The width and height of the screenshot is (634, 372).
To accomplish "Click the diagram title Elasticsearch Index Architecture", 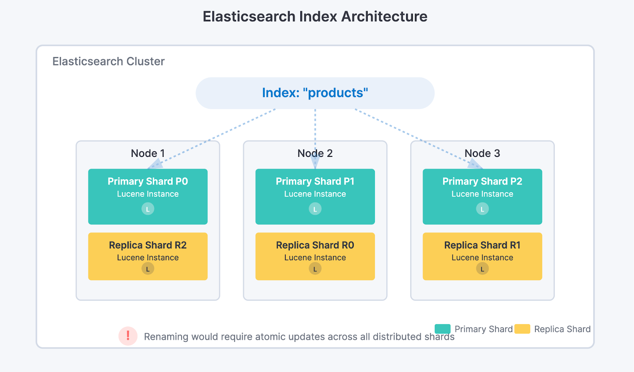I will click(x=315, y=17).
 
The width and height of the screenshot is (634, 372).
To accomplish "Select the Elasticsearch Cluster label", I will click(x=108, y=61).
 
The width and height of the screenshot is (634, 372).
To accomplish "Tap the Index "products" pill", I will click(x=315, y=93).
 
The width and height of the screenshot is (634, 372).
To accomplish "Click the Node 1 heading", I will click(x=147, y=153).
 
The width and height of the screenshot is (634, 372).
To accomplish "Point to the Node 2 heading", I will click(x=315, y=153).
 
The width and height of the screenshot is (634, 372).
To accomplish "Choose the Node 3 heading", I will click(x=482, y=153).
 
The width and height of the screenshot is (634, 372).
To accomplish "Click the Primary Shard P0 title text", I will click(x=148, y=181).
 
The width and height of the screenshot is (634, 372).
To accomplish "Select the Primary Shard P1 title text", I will click(x=315, y=181).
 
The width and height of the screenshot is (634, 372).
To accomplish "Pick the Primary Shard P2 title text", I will click(x=482, y=181).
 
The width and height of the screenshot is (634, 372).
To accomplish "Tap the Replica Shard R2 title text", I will click(x=148, y=245).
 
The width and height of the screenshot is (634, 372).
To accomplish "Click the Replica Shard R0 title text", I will click(x=315, y=245).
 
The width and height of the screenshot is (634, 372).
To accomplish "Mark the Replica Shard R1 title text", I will click(x=482, y=245).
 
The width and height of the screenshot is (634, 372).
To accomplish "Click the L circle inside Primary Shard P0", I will click(x=148, y=209).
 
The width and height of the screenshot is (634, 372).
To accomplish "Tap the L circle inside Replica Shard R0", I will click(x=315, y=269).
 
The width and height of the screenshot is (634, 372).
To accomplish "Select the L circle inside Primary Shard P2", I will click(x=482, y=209).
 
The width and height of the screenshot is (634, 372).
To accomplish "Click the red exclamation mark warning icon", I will click(x=128, y=336).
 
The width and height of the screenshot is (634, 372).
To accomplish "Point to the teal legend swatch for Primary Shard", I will click(x=443, y=329).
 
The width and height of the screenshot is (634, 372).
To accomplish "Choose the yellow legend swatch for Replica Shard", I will click(x=522, y=329).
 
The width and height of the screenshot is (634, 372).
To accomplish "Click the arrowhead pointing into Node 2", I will click(x=315, y=162).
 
